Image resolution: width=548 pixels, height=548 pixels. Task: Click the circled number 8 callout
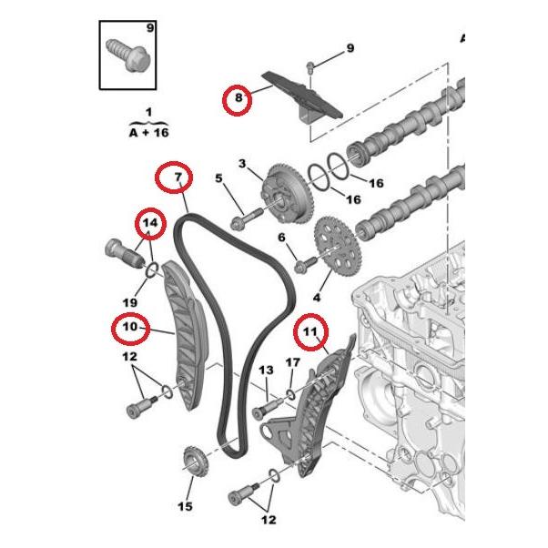pyautogui.click(x=238, y=98)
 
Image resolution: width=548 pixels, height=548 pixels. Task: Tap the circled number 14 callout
pyautogui.click(x=150, y=223)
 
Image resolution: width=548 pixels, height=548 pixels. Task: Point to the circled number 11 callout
pyautogui.click(x=310, y=334)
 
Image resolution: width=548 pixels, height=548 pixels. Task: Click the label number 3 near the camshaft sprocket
pyautogui.click(x=242, y=164)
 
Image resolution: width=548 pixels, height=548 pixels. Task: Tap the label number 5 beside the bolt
pyautogui.click(x=218, y=178)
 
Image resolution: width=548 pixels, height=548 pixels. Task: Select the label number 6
pyautogui.click(x=281, y=237)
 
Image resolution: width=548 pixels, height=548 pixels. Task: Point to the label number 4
pyautogui.click(x=317, y=298)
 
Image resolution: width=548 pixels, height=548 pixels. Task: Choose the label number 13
pyautogui.click(x=266, y=370)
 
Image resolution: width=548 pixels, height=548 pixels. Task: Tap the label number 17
pyautogui.click(x=291, y=363)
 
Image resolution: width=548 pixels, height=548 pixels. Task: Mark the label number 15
pyautogui.click(x=186, y=505)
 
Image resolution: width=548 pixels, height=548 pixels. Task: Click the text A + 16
pyautogui.click(x=148, y=132)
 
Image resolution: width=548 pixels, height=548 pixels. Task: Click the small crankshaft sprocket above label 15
pyautogui.click(x=194, y=459)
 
